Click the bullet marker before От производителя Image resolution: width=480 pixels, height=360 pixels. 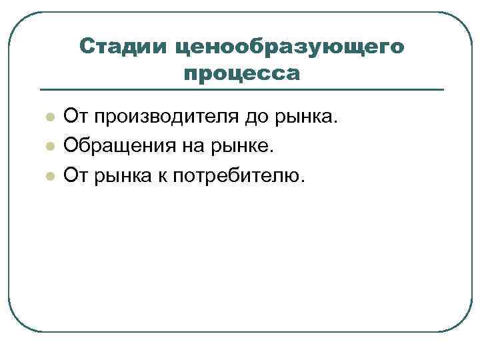coord(49,119)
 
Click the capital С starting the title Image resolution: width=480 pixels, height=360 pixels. coord(87,46)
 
